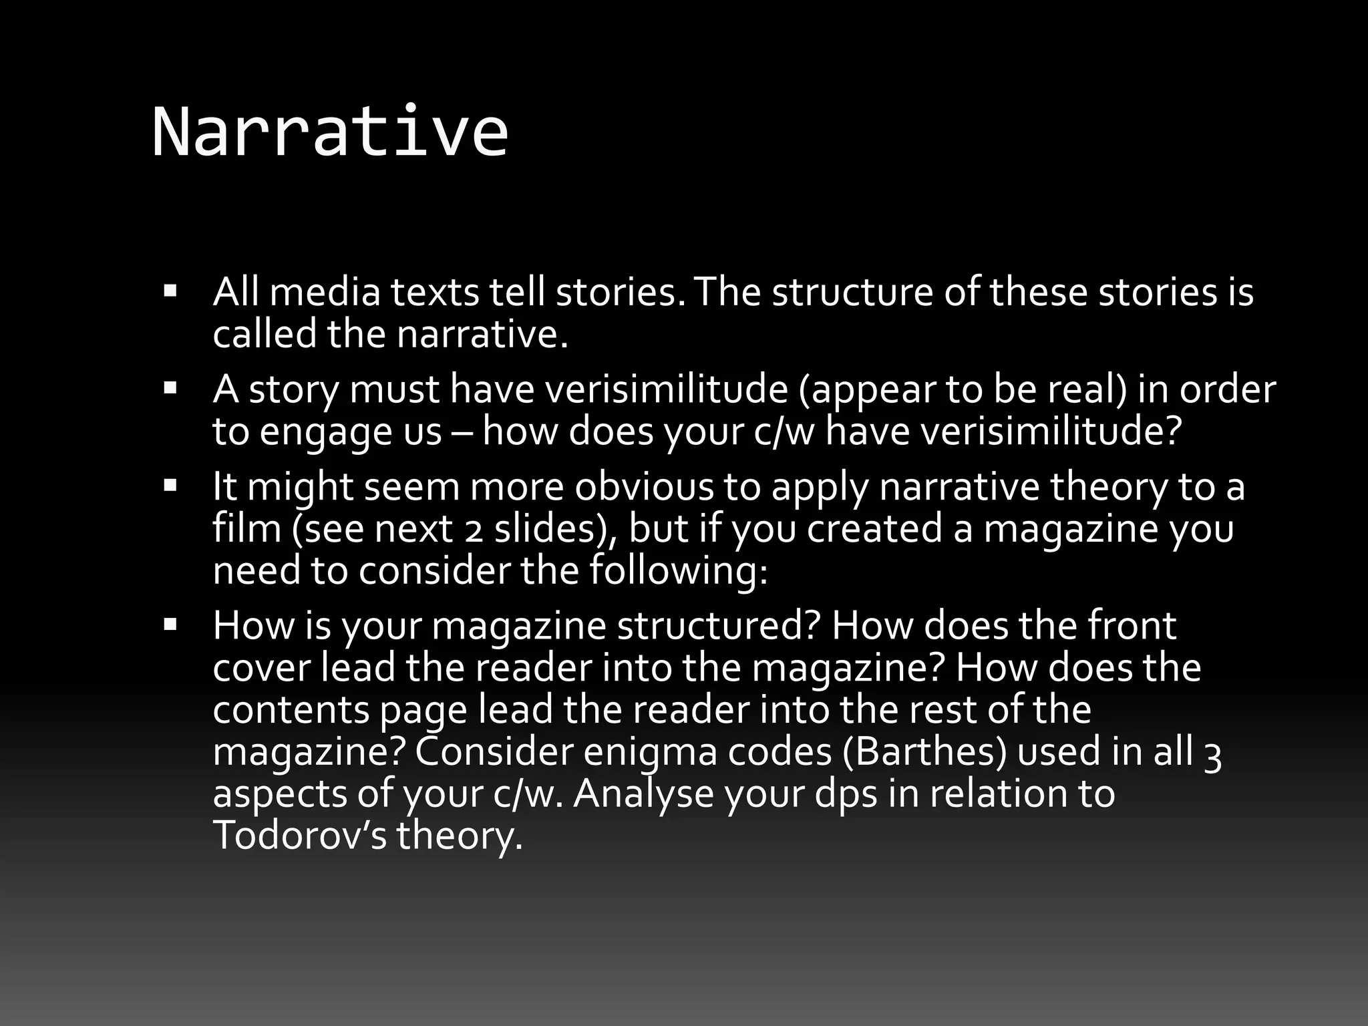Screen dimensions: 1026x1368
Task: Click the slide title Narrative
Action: [330, 132]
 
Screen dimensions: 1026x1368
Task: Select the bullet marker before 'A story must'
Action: [170, 387]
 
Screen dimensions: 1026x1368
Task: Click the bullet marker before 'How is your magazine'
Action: [170, 624]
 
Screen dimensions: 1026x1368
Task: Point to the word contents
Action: [291, 709]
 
